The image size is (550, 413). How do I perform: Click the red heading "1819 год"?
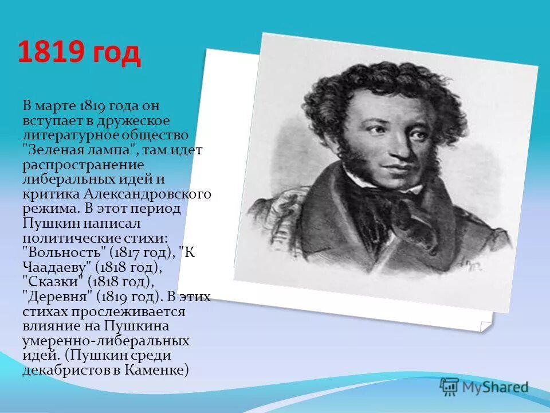78,53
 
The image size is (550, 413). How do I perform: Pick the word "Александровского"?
147,194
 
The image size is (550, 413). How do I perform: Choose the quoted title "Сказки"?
57,282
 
